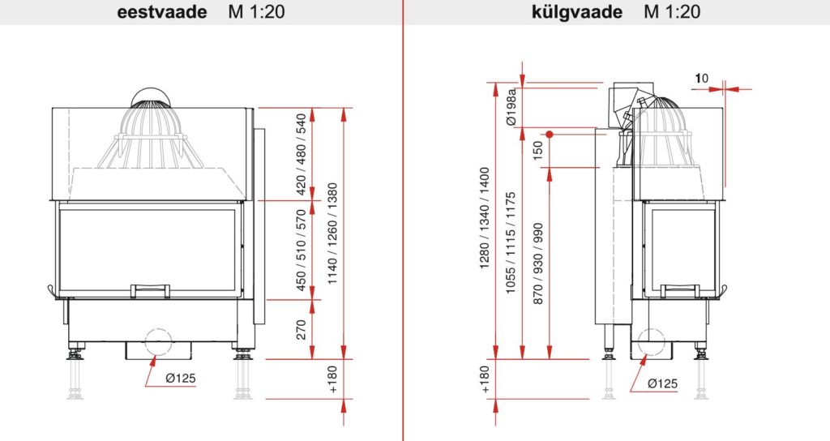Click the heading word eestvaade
(x=162, y=11)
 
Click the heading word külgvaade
(x=577, y=11)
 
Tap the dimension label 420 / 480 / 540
(x=302, y=154)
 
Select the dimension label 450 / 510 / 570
(x=302, y=250)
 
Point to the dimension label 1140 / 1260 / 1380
(x=332, y=233)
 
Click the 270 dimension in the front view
(x=302, y=329)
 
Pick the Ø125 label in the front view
(x=181, y=378)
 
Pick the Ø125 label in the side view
(x=662, y=383)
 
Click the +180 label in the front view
(x=332, y=379)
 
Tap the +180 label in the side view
(x=485, y=379)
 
